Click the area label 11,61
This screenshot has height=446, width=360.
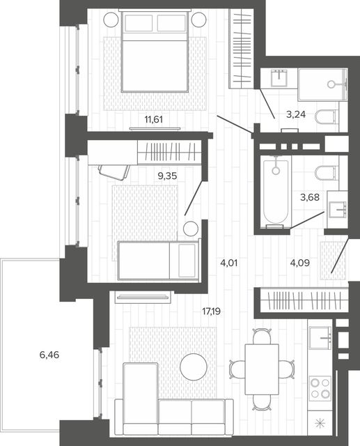pos(153,119)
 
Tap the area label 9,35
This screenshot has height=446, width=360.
pos(167,176)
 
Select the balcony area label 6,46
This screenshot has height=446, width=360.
pos(49,355)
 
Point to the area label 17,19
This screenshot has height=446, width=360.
pos(212,312)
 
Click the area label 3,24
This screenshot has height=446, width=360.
pos(296,114)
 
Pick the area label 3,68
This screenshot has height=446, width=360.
pos(310,197)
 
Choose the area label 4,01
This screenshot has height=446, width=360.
pos(229,263)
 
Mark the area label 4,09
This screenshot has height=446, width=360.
pos(299,263)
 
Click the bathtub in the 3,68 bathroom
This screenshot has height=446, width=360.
pos(276,192)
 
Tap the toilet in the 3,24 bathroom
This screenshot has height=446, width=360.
pos(327,117)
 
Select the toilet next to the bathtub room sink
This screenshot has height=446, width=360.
pos(327,173)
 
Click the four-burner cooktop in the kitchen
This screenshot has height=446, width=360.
pos(320,388)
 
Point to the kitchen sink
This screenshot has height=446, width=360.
pos(320,337)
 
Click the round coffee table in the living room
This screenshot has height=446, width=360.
pos(194,367)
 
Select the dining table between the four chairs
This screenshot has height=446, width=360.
pos(262,369)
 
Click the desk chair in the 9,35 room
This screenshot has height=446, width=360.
pos(114,171)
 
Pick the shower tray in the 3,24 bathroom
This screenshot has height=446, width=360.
pos(323,84)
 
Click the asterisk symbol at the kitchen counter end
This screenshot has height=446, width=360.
pos(320,424)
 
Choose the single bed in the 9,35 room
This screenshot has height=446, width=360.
pos(158,260)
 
